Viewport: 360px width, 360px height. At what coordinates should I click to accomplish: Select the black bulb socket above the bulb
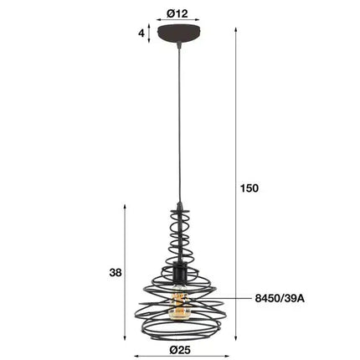[178, 275]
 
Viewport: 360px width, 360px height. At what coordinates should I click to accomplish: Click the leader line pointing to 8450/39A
[226, 296]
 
